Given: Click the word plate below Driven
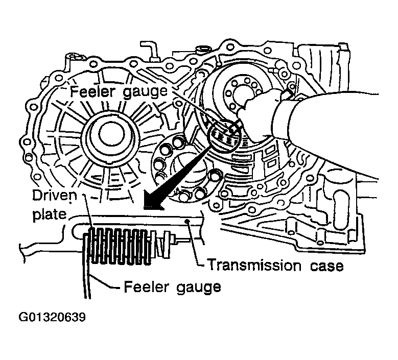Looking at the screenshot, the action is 49,214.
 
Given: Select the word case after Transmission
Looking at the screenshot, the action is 326,266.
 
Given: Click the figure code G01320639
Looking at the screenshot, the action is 52,317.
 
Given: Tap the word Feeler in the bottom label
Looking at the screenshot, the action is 146,287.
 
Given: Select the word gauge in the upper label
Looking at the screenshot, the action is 145,92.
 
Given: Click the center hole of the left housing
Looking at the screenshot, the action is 111,134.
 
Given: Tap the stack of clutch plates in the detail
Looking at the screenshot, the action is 119,246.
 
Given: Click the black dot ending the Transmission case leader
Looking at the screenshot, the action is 188,222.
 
